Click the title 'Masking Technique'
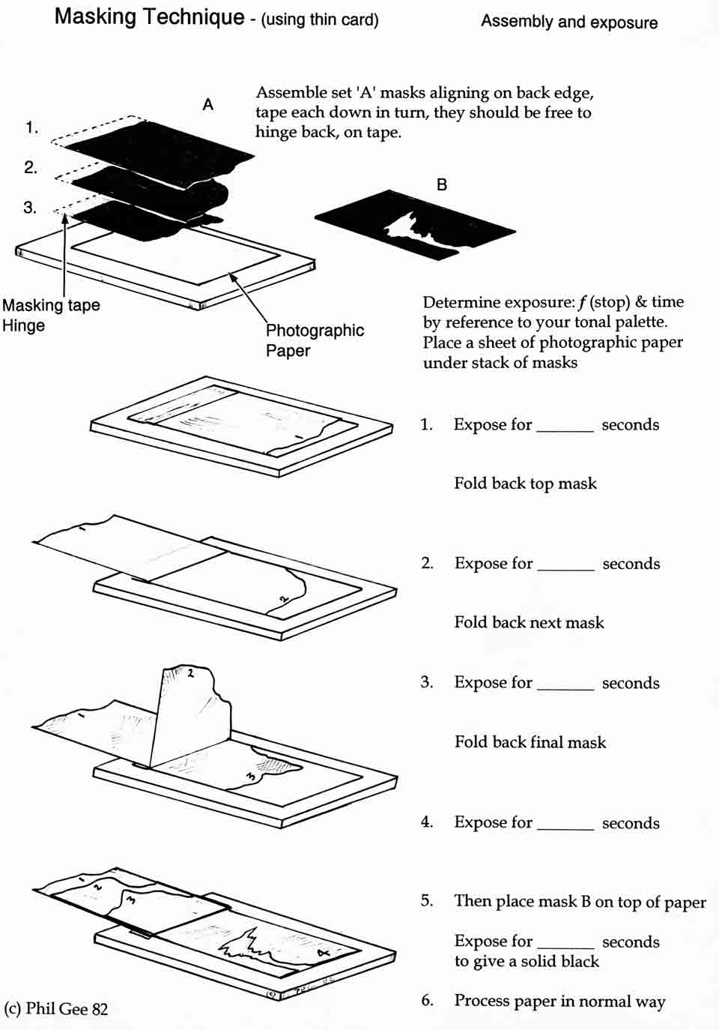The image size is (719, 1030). (x=149, y=16)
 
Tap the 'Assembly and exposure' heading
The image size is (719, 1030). (x=569, y=22)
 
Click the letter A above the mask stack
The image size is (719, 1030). (x=208, y=105)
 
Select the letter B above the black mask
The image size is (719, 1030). (x=442, y=184)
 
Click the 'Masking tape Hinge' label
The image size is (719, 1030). (x=50, y=315)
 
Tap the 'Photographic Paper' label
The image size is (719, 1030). (x=315, y=340)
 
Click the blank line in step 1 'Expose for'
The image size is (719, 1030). (x=565, y=429)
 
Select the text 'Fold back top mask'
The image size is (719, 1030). (x=525, y=484)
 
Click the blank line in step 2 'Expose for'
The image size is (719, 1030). (x=566, y=567)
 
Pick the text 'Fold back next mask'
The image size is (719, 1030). (x=529, y=622)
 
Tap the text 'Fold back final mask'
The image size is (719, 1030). (x=530, y=742)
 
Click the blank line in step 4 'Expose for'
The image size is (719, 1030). (x=565, y=827)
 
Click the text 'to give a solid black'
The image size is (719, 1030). (x=527, y=962)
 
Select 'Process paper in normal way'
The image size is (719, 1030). (x=559, y=1002)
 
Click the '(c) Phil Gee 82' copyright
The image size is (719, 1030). (x=56, y=1009)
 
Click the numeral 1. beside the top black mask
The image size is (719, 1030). (x=31, y=127)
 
